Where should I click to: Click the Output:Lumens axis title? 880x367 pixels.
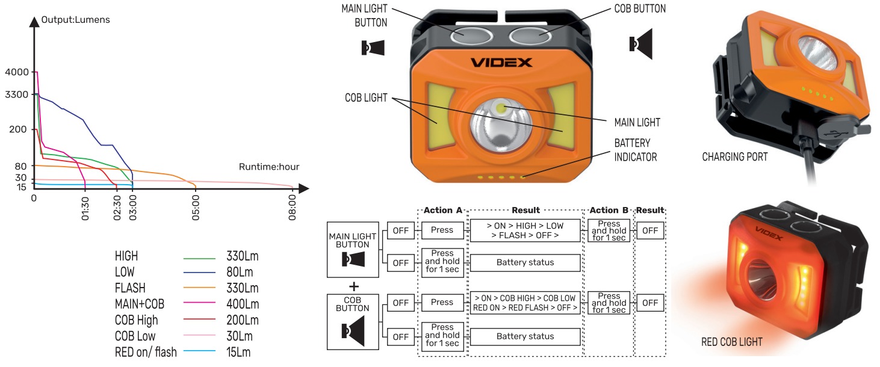76,20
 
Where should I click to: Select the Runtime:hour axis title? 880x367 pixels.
268,167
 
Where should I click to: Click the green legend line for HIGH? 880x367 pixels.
199,257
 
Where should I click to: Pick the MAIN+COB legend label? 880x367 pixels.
139,304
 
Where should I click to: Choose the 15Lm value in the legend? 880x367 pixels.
238,352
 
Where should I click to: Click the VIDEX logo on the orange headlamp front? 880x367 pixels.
501,62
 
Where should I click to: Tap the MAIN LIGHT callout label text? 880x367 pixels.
637,122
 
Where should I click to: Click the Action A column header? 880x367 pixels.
442,210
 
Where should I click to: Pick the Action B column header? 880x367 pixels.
609,210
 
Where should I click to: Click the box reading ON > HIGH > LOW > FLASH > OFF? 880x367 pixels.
525,230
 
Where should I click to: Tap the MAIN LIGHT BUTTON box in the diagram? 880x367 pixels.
353,249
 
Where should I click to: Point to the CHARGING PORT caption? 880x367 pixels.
735,157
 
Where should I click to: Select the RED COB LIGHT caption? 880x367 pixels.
732,342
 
